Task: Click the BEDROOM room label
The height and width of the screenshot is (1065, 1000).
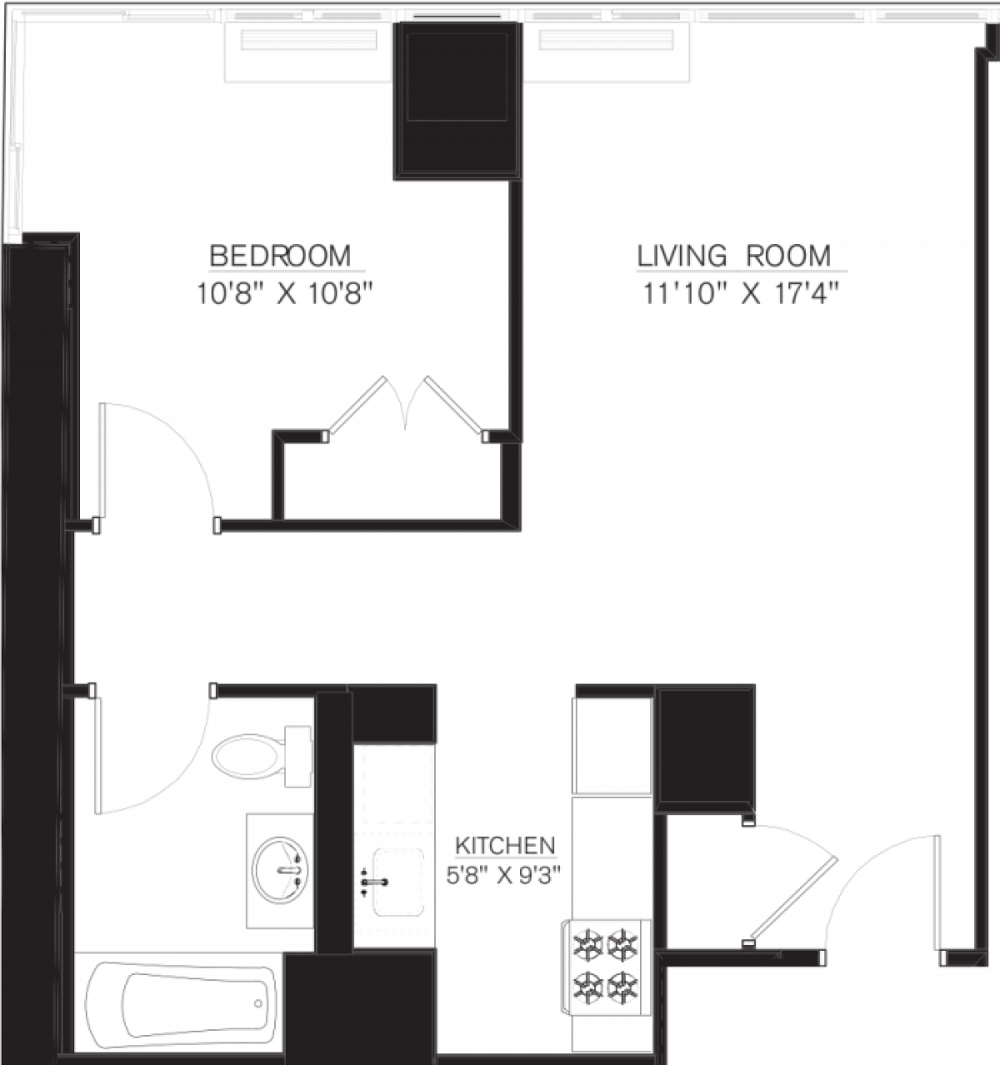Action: pyautogui.click(x=280, y=255)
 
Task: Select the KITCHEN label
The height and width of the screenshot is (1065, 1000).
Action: pyautogui.click(x=505, y=846)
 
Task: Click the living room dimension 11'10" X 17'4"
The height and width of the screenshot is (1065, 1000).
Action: pyautogui.click(x=739, y=295)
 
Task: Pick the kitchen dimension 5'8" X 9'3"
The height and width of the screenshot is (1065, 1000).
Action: pyautogui.click(x=505, y=876)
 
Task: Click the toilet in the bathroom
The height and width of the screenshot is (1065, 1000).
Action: pyautogui.click(x=250, y=757)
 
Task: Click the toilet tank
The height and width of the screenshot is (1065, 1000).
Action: pyautogui.click(x=297, y=756)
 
